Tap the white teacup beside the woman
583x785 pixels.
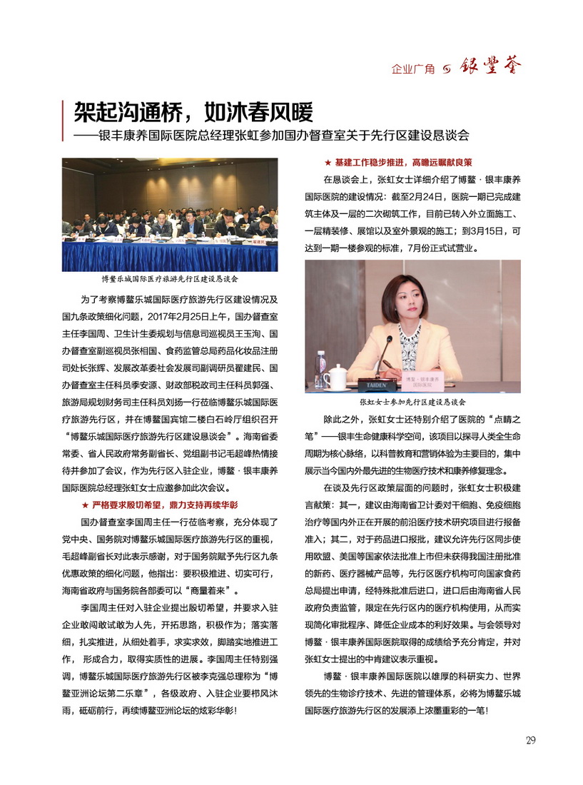334,376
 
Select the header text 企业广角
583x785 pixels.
413,69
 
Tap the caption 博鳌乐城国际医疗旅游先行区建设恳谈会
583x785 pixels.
169,279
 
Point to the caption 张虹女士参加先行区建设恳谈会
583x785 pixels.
412,402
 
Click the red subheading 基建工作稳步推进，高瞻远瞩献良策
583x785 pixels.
403,163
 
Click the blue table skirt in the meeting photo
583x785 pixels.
169,255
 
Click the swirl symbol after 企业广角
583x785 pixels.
447,69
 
